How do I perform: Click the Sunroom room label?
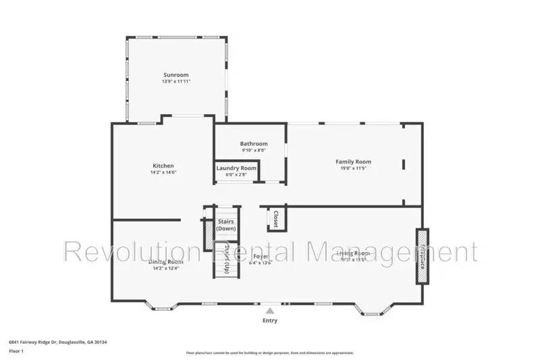point(175,74)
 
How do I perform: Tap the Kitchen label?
point(163,165)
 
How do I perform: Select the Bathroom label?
point(254,143)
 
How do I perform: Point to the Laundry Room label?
point(236,168)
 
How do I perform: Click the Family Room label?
point(354,161)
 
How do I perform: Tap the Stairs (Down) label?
point(226,224)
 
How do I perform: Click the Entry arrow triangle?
point(270,310)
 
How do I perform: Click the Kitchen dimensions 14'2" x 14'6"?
point(163,173)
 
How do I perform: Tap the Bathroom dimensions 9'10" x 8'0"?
point(254,151)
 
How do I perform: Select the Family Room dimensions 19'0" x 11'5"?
point(354,169)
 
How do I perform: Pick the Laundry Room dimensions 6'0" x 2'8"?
point(236,175)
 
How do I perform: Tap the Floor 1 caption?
point(16,351)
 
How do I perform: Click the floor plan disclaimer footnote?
point(269,353)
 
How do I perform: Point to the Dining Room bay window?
point(163,309)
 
